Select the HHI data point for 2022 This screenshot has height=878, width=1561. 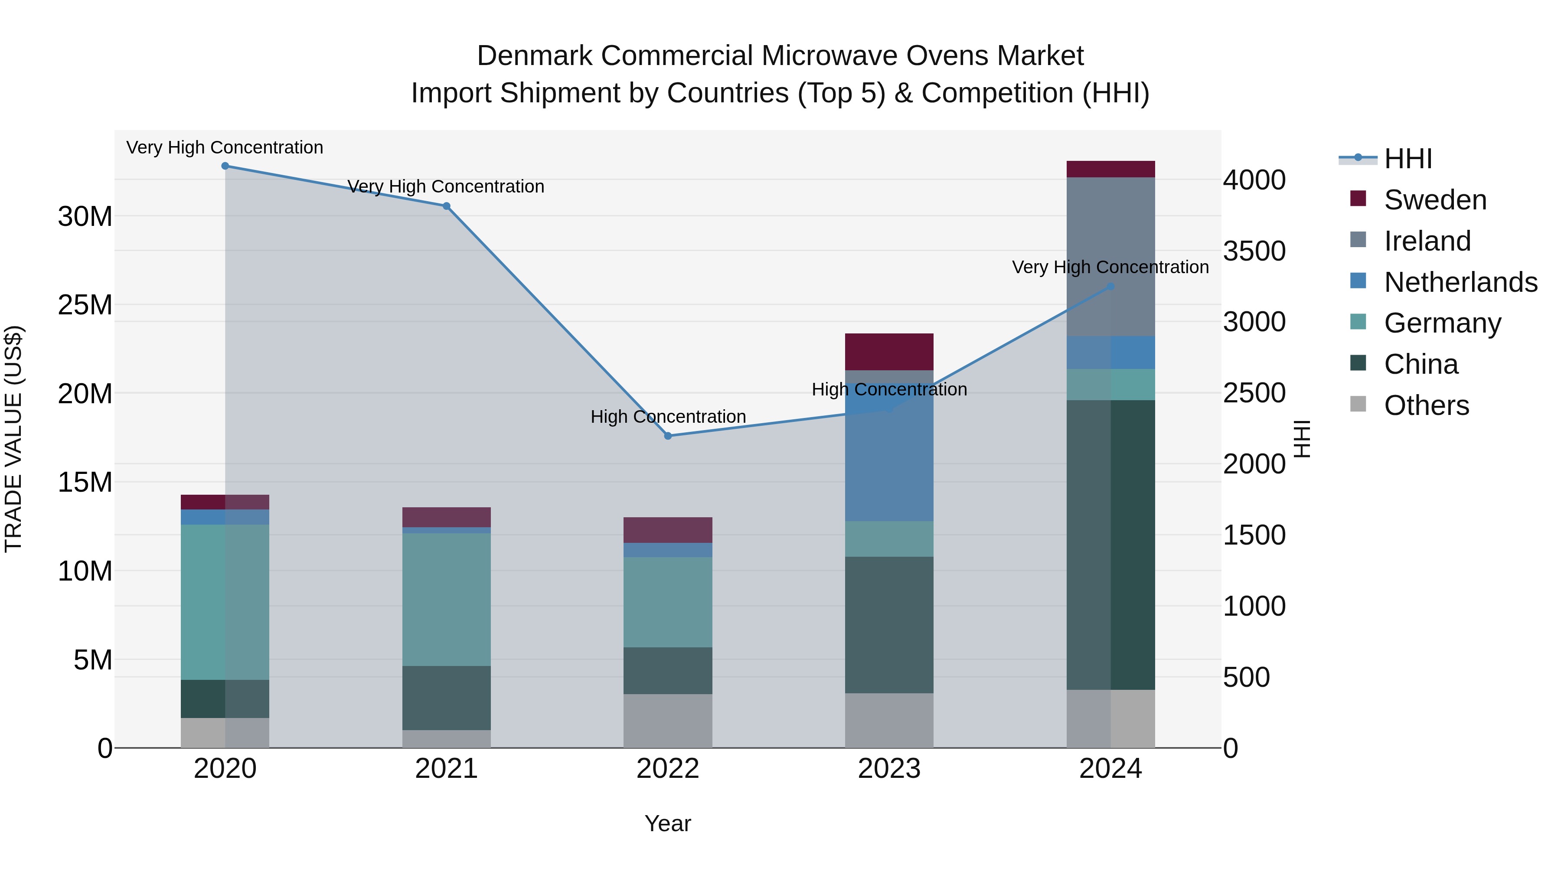(668, 436)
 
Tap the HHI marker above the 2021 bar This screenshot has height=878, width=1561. (447, 206)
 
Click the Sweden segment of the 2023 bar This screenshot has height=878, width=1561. (889, 352)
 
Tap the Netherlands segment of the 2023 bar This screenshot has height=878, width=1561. (889, 460)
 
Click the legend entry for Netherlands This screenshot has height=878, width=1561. (1460, 282)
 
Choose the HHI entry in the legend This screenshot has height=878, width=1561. (1408, 159)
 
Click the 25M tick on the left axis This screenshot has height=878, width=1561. (85, 305)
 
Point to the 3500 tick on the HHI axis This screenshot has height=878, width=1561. (1254, 251)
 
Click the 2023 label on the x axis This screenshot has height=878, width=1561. (889, 769)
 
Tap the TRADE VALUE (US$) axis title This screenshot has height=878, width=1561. (13, 439)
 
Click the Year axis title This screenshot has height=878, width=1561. (668, 823)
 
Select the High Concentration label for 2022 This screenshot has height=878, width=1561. (668, 417)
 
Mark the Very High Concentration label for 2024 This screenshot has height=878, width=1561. (1110, 267)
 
